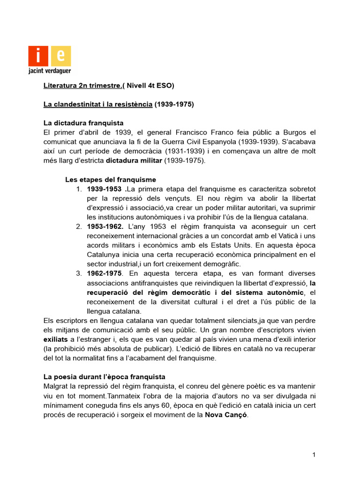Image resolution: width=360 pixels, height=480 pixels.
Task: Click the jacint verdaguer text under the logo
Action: pos(50,72)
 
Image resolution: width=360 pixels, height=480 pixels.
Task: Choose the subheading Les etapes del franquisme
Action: pos(110,180)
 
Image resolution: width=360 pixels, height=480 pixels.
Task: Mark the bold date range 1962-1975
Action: pos(105,274)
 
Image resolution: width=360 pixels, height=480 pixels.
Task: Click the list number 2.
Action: pos(79,227)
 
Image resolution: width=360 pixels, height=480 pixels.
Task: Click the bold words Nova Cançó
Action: pos(225,415)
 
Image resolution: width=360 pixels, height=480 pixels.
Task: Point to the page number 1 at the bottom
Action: pos(314,455)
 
